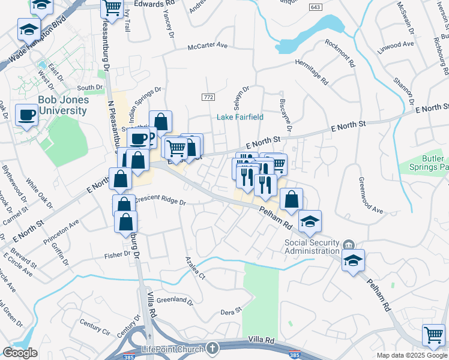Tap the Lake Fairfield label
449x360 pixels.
click(240, 117)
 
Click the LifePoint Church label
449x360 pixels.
click(174, 349)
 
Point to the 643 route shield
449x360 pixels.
click(315, 6)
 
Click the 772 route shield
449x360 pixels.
click(208, 97)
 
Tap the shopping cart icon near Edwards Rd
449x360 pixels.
click(112, 8)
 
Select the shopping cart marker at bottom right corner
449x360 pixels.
click(433, 335)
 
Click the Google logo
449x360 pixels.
click(20, 353)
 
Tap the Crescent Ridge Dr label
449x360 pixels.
click(160, 202)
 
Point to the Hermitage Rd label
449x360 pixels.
click(312, 71)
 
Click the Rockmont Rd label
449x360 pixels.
click(340, 52)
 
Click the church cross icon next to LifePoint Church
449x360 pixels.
click(212, 348)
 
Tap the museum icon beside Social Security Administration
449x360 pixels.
click(348, 245)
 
